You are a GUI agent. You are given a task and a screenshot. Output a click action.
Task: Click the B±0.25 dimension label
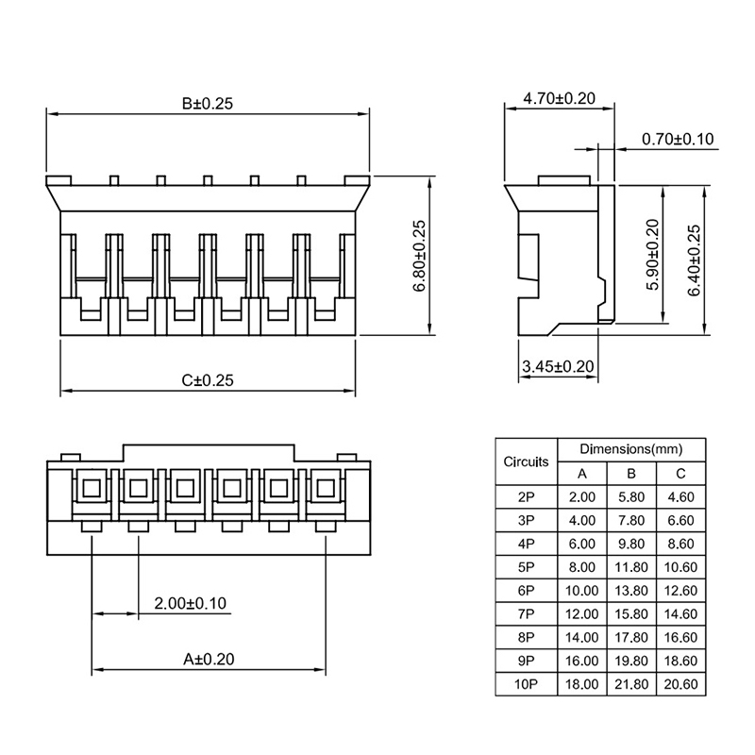point(208,103)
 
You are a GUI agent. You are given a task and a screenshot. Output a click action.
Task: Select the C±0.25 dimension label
point(208,380)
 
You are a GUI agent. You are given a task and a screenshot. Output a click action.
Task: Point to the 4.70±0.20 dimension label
point(559,98)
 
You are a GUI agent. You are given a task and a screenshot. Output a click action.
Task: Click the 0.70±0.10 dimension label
point(678,140)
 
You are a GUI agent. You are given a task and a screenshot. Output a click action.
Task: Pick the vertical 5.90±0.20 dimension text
point(651,255)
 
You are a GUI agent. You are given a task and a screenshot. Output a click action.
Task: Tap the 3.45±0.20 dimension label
point(557,366)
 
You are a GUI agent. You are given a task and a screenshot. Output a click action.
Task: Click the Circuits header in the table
point(526,461)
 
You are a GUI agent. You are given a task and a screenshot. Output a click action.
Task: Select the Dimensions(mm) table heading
point(630,450)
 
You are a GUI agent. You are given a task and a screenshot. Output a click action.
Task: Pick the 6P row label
point(526,591)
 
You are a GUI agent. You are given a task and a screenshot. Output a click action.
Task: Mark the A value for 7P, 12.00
point(582,614)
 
